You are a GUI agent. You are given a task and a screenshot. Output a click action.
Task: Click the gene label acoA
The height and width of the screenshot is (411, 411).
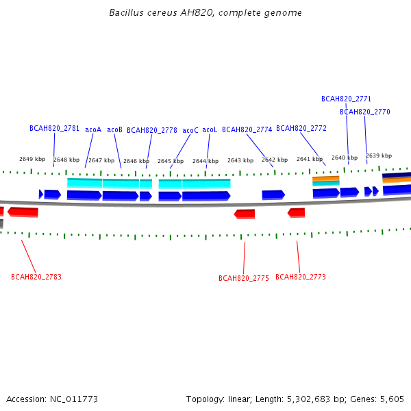pos(93,129)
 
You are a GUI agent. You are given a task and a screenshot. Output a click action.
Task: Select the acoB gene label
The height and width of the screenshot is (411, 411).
pos(114,129)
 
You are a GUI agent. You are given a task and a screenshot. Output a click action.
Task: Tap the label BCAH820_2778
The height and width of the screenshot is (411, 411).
pos(152,130)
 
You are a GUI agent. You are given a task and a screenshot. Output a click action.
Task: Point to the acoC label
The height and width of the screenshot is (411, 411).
pos(190,130)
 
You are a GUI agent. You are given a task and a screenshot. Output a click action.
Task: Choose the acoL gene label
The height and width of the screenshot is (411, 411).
pos(210,129)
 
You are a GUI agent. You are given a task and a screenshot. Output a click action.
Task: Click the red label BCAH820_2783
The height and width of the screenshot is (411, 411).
pos(36,277)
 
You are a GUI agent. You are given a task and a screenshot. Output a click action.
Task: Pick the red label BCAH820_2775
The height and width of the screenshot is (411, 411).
pos(244,278)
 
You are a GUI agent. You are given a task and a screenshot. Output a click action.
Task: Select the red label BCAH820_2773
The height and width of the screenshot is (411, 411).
pos(301,277)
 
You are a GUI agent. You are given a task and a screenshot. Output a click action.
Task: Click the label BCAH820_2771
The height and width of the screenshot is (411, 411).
pos(346,99)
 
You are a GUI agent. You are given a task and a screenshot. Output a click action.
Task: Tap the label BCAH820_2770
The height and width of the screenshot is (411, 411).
pos(365,112)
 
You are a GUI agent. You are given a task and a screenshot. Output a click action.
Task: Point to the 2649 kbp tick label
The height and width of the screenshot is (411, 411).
pos(32,159)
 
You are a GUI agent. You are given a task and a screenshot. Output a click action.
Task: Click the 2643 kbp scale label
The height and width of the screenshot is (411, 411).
pos(240,160)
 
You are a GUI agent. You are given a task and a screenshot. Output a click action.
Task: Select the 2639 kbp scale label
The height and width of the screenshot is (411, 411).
pos(379,155)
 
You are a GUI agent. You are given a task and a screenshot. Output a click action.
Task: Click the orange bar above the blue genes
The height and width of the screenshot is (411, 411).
pos(326,179)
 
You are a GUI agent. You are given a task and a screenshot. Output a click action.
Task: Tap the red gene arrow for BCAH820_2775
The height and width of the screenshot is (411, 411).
pos(245,214)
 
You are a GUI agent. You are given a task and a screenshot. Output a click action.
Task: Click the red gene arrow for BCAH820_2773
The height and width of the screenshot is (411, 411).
pos(296,212)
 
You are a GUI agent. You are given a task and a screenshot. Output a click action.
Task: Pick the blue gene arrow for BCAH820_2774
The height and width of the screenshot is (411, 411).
pos(273,195)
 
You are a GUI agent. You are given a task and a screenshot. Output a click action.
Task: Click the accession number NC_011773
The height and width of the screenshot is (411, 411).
pos(74,399)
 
